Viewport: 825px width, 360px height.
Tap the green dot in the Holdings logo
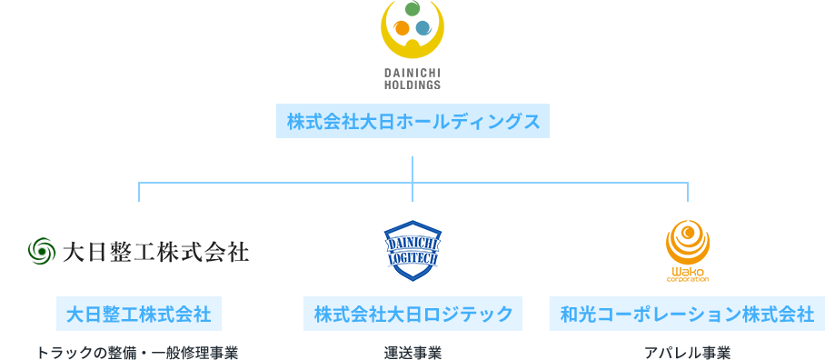[412, 10]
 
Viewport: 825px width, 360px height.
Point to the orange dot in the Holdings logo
[402, 28]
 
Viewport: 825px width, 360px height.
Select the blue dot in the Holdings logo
[423, 28]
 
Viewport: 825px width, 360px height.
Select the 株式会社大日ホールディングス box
[412, 121]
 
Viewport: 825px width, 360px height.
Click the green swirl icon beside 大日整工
[43, 250]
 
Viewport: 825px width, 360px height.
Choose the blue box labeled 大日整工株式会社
[139, 314]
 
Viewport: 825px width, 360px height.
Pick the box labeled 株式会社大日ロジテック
[412, 314]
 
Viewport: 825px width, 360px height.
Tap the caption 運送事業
[412, 352]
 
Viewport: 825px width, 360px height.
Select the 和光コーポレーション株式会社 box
[687, 314]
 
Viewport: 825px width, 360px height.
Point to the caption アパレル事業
[687, 352]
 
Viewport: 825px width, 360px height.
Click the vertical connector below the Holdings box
[412, 169]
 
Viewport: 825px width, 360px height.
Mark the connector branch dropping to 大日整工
[139, 192]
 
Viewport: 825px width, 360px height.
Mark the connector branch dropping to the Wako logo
[688, 192]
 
